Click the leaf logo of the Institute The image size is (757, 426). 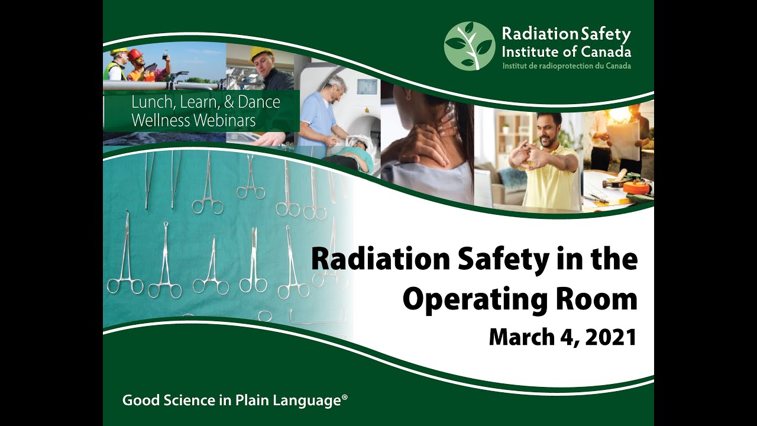(469, 46)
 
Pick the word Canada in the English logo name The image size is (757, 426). (607, 51)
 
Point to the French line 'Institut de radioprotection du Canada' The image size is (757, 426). (566, 66)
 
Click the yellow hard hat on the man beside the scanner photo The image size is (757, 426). (261, 54)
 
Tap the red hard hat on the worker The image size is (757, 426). (135, 54)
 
